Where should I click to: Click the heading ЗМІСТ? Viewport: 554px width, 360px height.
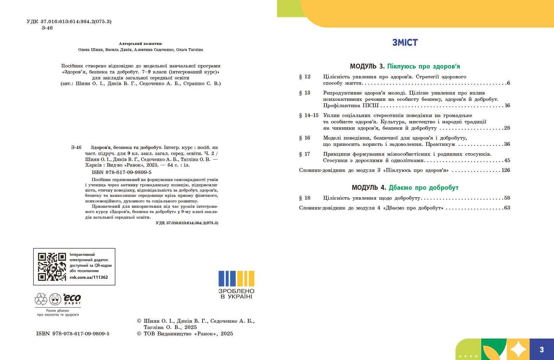(405, 43)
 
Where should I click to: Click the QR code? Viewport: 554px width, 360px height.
(52, 266)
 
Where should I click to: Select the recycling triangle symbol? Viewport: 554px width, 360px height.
(41, 299)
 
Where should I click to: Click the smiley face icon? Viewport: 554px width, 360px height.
(55, 300)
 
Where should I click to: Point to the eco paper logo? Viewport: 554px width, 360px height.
(72, 299)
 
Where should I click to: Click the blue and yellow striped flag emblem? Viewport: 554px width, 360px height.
(236, 278)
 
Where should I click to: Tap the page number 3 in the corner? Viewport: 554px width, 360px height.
(542, 349)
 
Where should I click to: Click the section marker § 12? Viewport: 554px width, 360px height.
(305, 77)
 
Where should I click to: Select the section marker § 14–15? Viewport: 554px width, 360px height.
(308, 115)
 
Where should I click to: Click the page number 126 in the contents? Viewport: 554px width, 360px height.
(506, 170)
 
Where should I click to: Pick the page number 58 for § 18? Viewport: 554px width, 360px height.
(507, 198)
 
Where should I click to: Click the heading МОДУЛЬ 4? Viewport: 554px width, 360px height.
(369, 188)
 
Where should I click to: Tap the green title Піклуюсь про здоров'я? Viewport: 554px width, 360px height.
(424, 66)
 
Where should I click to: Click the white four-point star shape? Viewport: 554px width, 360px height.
(518, 349)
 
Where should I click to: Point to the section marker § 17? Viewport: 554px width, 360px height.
(305, 154)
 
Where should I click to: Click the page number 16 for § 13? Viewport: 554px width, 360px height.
(507, 105)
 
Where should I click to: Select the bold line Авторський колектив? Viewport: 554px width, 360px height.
(141, 44)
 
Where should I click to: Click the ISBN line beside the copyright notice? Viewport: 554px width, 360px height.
(73, 334)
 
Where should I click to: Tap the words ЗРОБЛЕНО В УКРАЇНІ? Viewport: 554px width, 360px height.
(236, 294)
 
